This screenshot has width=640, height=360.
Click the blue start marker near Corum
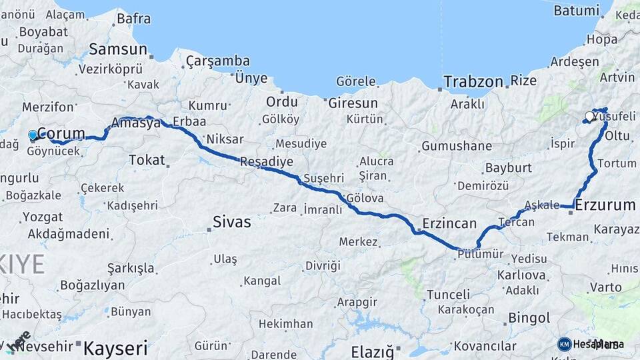click(33, 135)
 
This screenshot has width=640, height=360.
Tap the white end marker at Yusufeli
click(589, 117)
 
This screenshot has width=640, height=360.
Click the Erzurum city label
click(605, 205)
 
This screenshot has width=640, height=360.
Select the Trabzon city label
click(473, 82)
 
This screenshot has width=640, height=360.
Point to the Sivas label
click(232, 222)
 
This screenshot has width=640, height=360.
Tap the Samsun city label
click(118, 49)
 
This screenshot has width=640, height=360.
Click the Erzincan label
click(449, 223)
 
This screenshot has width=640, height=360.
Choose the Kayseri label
click(115, 347)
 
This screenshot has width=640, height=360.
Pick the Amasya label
click(136, 123)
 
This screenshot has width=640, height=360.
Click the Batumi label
click(577, 11)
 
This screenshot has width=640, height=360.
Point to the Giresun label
click(353, 103)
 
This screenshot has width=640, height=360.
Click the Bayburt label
click(508, 167)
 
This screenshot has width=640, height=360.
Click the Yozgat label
click(43, 217)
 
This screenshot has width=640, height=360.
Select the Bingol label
click(529, 318)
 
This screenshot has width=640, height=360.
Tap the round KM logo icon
click(565, 344)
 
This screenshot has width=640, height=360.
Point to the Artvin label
click(617, 77)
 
